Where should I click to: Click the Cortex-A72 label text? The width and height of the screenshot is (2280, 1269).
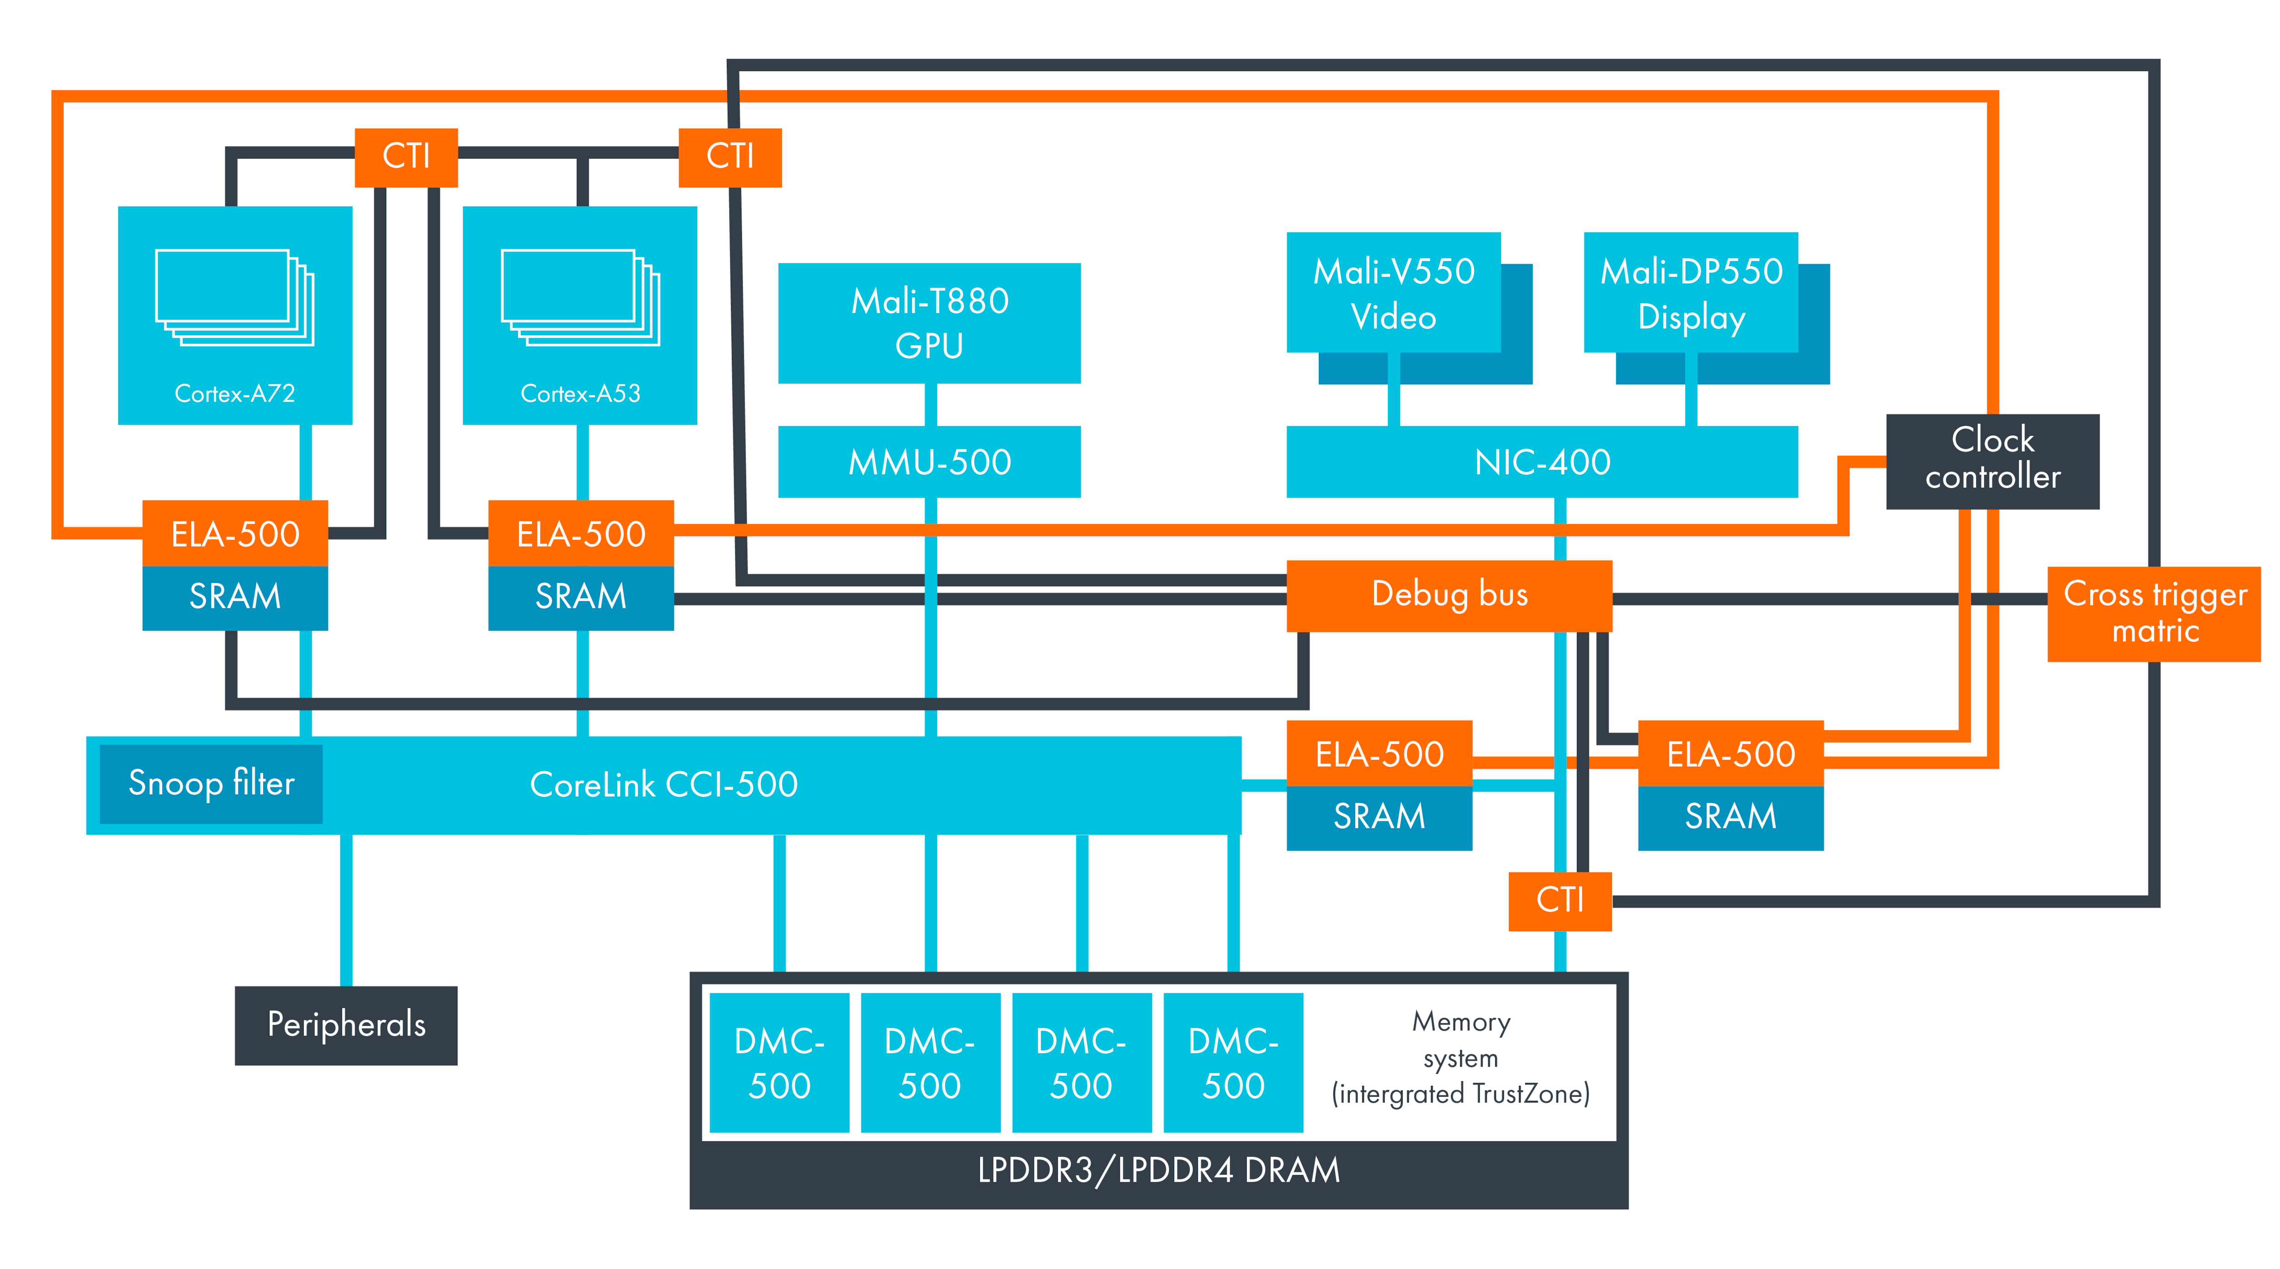click(x=234, y=394)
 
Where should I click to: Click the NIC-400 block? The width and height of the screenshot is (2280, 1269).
click(x=1542, y=462)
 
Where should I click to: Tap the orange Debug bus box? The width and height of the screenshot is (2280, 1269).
click(x=1449, y=595)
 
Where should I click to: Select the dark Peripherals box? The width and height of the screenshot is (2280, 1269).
click(x=346, y=1025)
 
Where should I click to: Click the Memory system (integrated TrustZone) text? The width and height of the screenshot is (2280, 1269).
click(x=1461, y=1058)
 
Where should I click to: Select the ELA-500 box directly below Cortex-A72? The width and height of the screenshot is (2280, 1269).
click(x=234, y=534)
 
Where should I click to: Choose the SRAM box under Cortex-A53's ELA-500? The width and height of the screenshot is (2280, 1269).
click(x=580, y=597)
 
